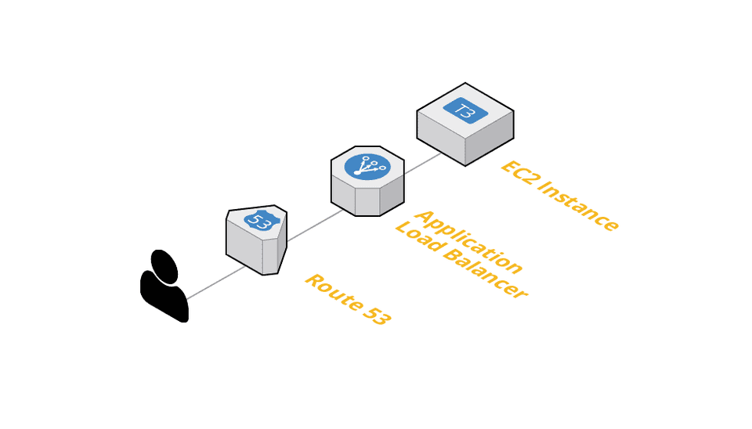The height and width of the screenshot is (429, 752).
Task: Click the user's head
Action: coord(164,266)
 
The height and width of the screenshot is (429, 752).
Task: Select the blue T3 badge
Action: coord(465,110)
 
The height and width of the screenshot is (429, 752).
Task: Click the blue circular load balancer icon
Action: coord(367,166)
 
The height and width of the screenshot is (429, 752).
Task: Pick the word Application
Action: coord(468,242)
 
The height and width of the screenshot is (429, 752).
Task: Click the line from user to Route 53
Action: coord(215,283)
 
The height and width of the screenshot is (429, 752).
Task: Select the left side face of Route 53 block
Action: coord(244,246)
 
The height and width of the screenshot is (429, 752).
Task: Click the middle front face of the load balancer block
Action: coord(367,201)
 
